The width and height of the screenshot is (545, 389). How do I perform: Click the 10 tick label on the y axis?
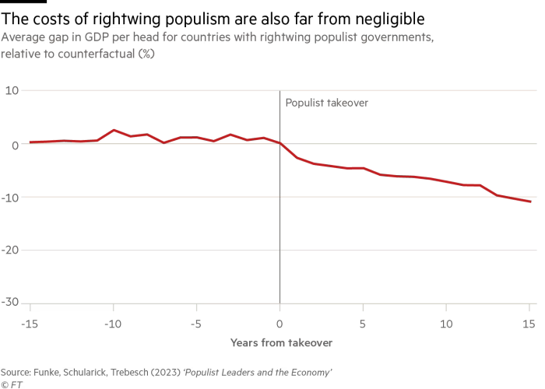click(x=12, y=91)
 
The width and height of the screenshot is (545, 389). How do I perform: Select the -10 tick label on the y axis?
click(x=10, y=197)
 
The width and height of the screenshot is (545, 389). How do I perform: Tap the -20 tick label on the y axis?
click(x=10, y=250)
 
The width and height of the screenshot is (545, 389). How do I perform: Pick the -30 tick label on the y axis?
click(x=10, y=303)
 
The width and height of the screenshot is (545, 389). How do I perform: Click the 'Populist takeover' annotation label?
click(x=326, y=102)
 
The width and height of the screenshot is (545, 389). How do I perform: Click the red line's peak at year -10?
click(x=113, y=130)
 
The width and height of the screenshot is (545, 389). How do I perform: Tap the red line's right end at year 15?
click(x=529, y=202)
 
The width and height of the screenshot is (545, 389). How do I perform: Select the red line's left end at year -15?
click(x=30, y=142)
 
